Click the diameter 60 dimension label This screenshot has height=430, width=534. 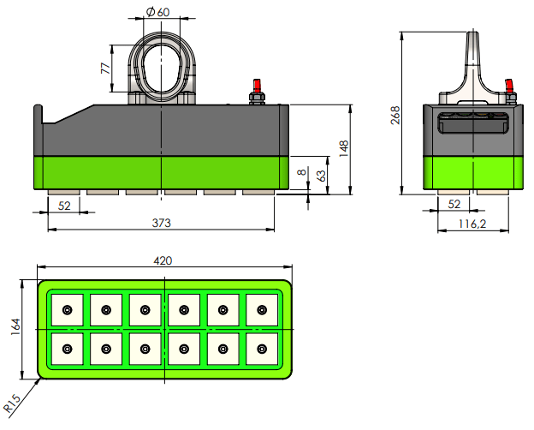158,12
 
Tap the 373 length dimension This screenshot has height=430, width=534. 162,223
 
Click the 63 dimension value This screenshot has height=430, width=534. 321,175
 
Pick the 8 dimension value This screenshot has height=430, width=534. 300,173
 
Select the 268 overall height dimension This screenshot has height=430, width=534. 395,115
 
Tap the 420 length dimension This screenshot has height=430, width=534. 163,260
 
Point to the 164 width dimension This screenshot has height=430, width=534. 15,330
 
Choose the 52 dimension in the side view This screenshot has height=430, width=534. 454,204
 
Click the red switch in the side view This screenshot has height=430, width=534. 508,85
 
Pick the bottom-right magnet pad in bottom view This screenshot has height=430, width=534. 262,349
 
